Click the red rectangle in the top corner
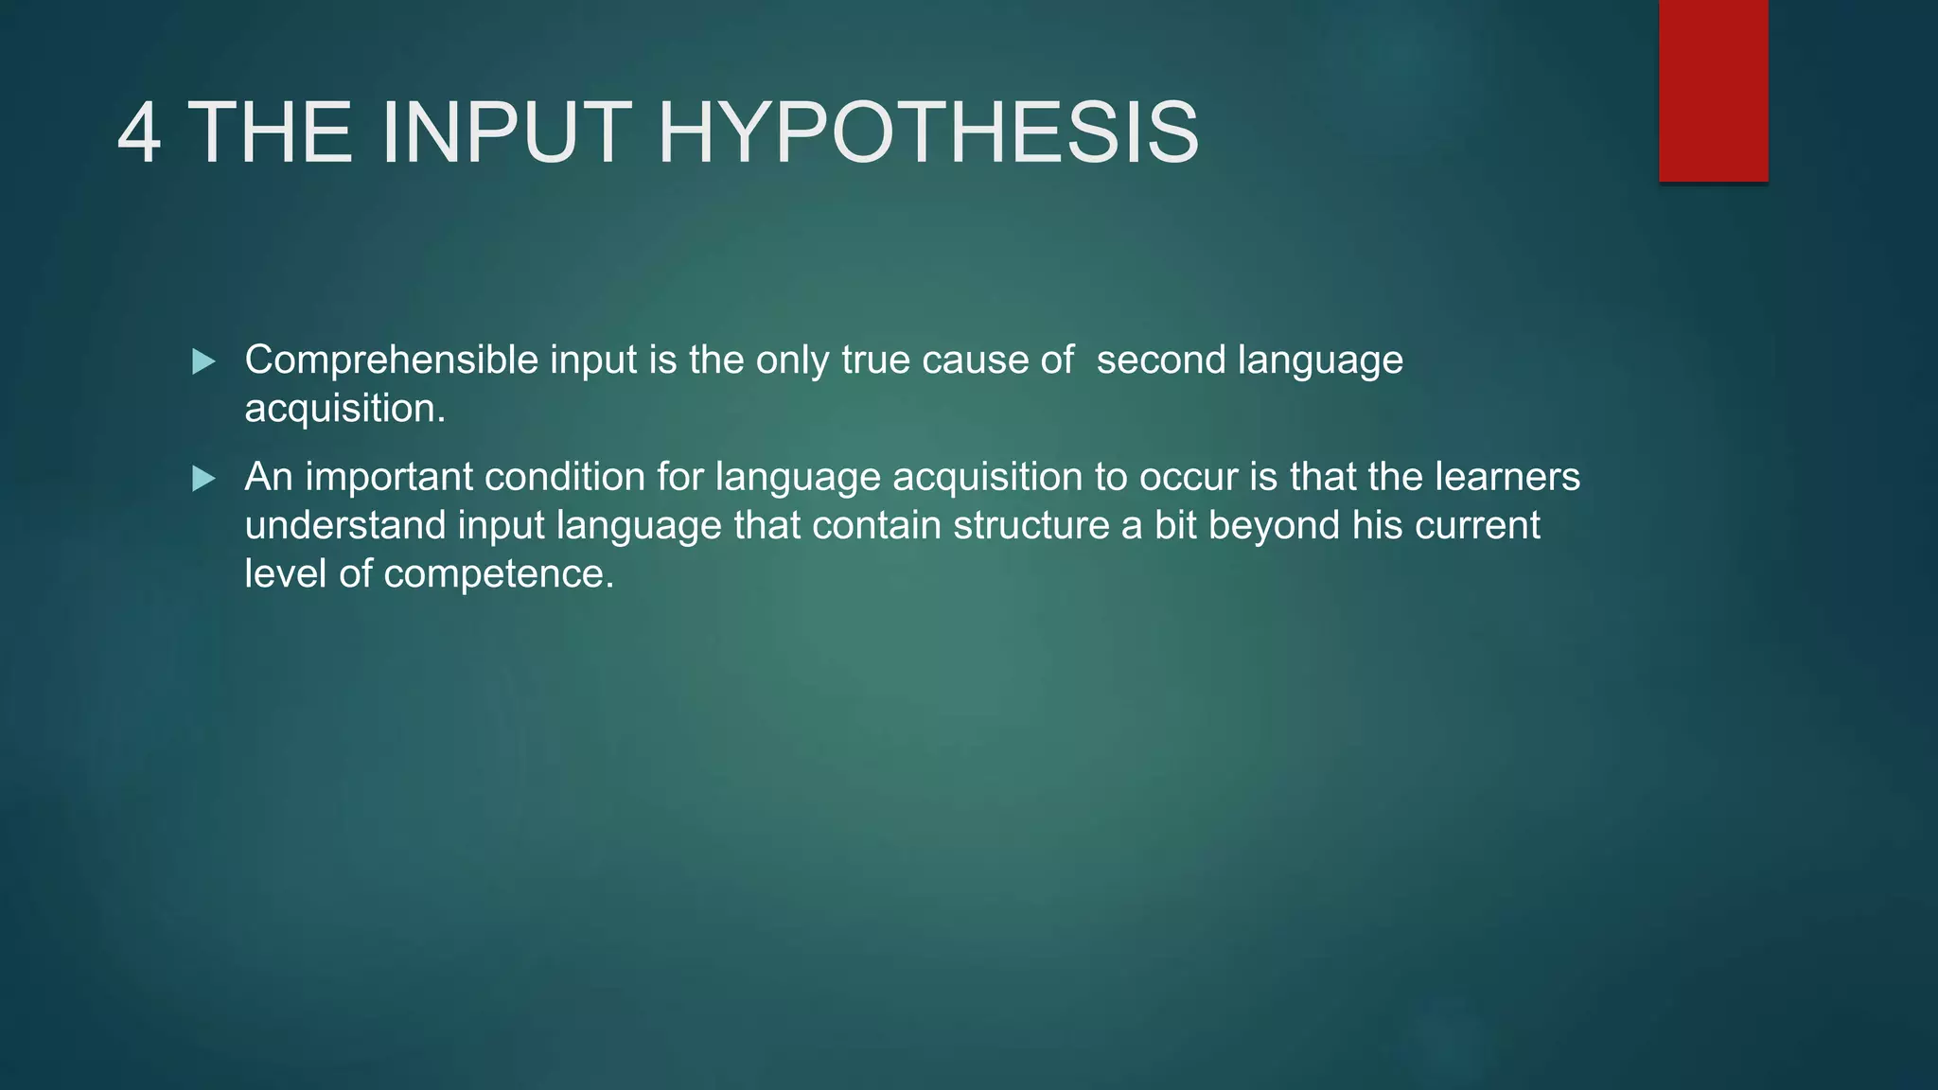[x=1713, y=91]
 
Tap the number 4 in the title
[x=139, y=133]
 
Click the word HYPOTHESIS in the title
[x=927, y=133]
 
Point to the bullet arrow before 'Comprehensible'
[x=203, y=361]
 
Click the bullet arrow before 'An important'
[x=203, y=479]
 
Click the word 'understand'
[x=345, y=526]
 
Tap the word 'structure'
[x=1031, y=526]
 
